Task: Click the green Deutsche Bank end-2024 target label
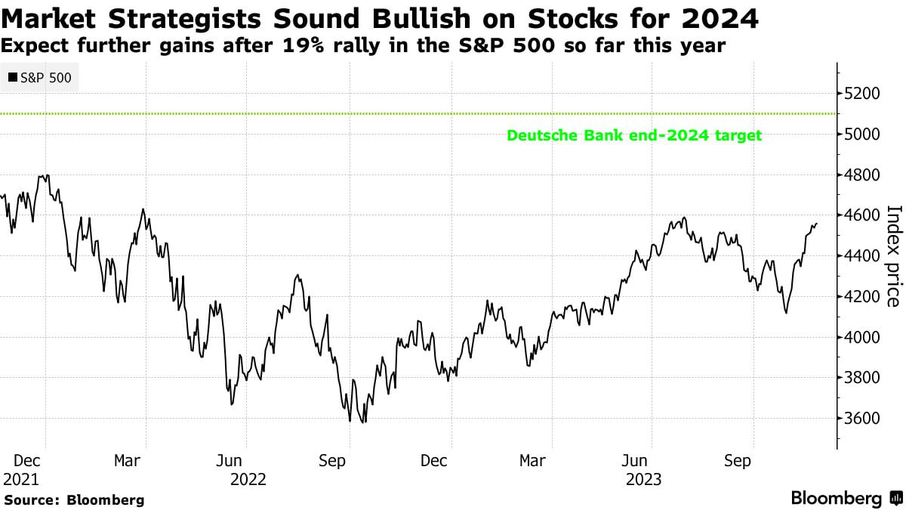pos(634,136)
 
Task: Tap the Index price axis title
pos(892,256)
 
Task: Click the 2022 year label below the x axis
pos(248,479)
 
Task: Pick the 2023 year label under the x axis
pos(643,479)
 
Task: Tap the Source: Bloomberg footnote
pos(73,499)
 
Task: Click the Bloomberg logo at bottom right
pos(846,498)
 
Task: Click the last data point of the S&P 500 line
pos(817,224)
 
